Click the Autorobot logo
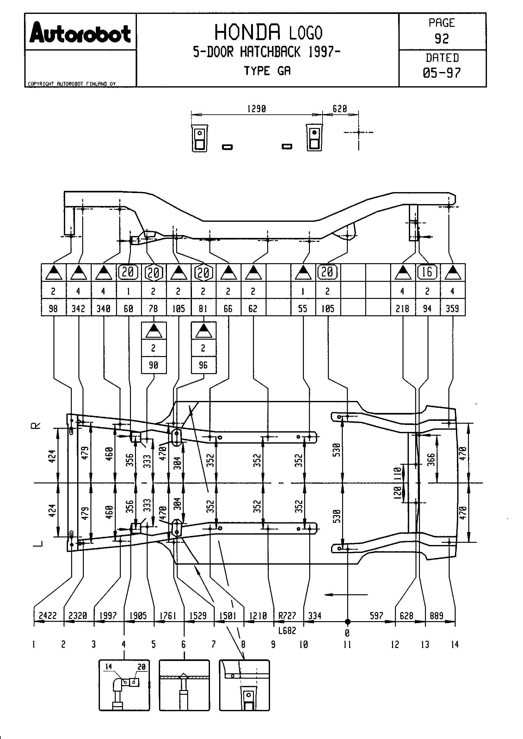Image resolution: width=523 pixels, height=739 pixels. tap(80, 33)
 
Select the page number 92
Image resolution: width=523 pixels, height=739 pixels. tap(441, 39)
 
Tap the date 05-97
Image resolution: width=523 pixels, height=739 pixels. tap(441, 73)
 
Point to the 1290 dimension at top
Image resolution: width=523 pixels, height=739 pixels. tap(256, 109)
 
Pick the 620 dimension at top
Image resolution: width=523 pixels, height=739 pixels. tap(339, 109)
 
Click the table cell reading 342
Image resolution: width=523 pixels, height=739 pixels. tap(78, 309)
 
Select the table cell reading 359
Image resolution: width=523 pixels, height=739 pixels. tap(452, 309)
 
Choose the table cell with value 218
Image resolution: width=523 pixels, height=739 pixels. tap(403, 309)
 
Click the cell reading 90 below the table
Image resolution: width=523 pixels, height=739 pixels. tap(153, 365)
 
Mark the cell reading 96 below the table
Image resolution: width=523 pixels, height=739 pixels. tap(203, 365)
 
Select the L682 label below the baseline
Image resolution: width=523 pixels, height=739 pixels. tap(287, 631)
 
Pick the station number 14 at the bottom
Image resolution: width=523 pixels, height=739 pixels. tap(455, 644)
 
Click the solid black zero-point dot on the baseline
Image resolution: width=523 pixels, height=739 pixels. tap(348, 621)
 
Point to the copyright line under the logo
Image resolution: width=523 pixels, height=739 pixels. tap(71, 84)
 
